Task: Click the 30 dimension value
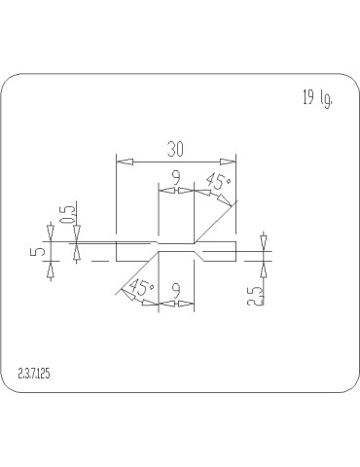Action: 175,149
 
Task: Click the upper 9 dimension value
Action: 176,178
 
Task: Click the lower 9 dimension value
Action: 176,291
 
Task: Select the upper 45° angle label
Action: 219,181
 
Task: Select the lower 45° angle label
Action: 141,287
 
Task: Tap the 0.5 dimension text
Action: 68,215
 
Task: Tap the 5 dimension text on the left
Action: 38,251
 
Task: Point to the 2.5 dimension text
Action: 255,296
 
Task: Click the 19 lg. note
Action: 317,98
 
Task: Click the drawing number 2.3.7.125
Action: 34,374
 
